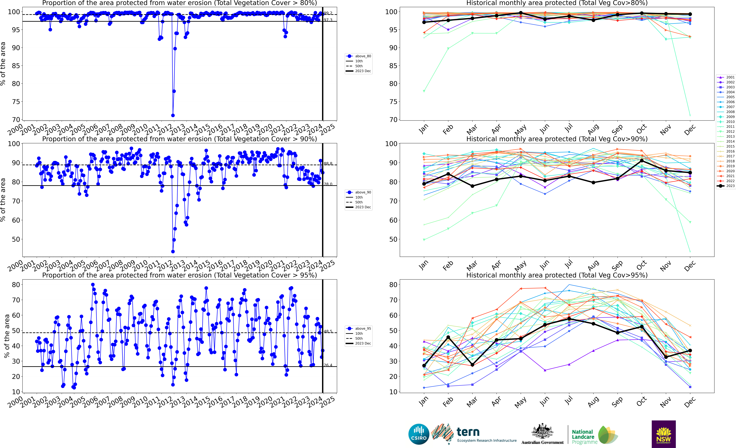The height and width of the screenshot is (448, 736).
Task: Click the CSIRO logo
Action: point(419,434)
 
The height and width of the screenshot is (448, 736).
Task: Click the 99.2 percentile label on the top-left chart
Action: point(328,13)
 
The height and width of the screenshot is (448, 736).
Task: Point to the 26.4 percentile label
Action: point(328,365)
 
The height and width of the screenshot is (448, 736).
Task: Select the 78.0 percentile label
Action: point(328,184)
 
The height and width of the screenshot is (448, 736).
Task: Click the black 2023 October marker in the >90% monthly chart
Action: point(642,161)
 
